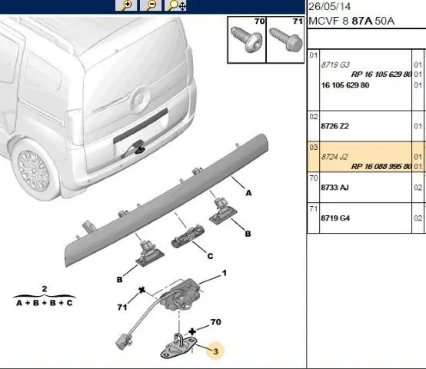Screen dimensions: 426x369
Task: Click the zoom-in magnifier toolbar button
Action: pyautogui.click(x=126, y=5)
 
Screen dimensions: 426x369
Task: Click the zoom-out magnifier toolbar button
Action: pyautogui.click(x=151, y=5)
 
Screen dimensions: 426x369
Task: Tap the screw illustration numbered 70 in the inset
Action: pyautogui.click(x=246, y=40)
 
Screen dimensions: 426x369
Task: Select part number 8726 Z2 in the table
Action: pyautogui.click(x=334, y=126)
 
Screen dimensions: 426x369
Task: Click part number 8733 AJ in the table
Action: pyautogui.click(x=334, y=188)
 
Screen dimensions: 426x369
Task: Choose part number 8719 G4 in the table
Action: pyautogui.click(x=335, y=218)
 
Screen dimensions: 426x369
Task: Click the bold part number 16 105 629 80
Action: pyautogui.click(x=345, y=85)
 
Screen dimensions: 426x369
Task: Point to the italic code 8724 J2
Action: pyautogui.click(x=334, y=157)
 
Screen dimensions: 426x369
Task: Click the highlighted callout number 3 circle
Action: pyautogui.click(x=215, y=351)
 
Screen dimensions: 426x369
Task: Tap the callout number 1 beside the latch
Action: pyautogui.click(x=225, y=273)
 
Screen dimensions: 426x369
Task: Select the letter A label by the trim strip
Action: pyautogui.click(x=248, y=193)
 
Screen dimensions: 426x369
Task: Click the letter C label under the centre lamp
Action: pyautogui.click(x=210, y=256)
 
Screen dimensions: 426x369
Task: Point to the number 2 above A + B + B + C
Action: pyautogui.click(x=45, y=288)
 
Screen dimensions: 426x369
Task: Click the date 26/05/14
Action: pyautogui.click(x=330, y=6)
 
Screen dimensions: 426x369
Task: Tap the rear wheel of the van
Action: pyautogui.click(x=35, y=171)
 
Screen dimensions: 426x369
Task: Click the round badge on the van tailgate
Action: pyautogui.click(x=141, y=100)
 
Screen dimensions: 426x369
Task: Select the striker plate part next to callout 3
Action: pyautogui.click(x=178, y=346)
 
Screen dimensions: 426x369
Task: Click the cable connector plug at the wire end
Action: pyautogui.click(x=123, y=341)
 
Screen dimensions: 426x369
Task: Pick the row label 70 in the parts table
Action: pyautogui.click(x=314, y=178)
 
